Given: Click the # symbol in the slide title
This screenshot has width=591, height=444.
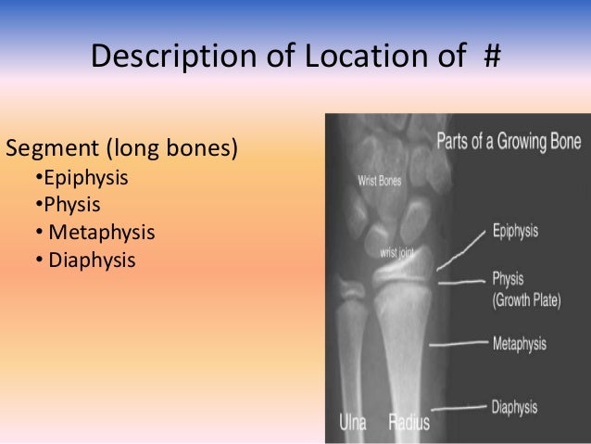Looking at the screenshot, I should tap(491, 58).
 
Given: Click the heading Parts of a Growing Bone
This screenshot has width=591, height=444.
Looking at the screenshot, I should tap(509, 143).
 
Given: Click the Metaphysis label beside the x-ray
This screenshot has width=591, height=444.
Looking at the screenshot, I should tap(519, 344).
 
